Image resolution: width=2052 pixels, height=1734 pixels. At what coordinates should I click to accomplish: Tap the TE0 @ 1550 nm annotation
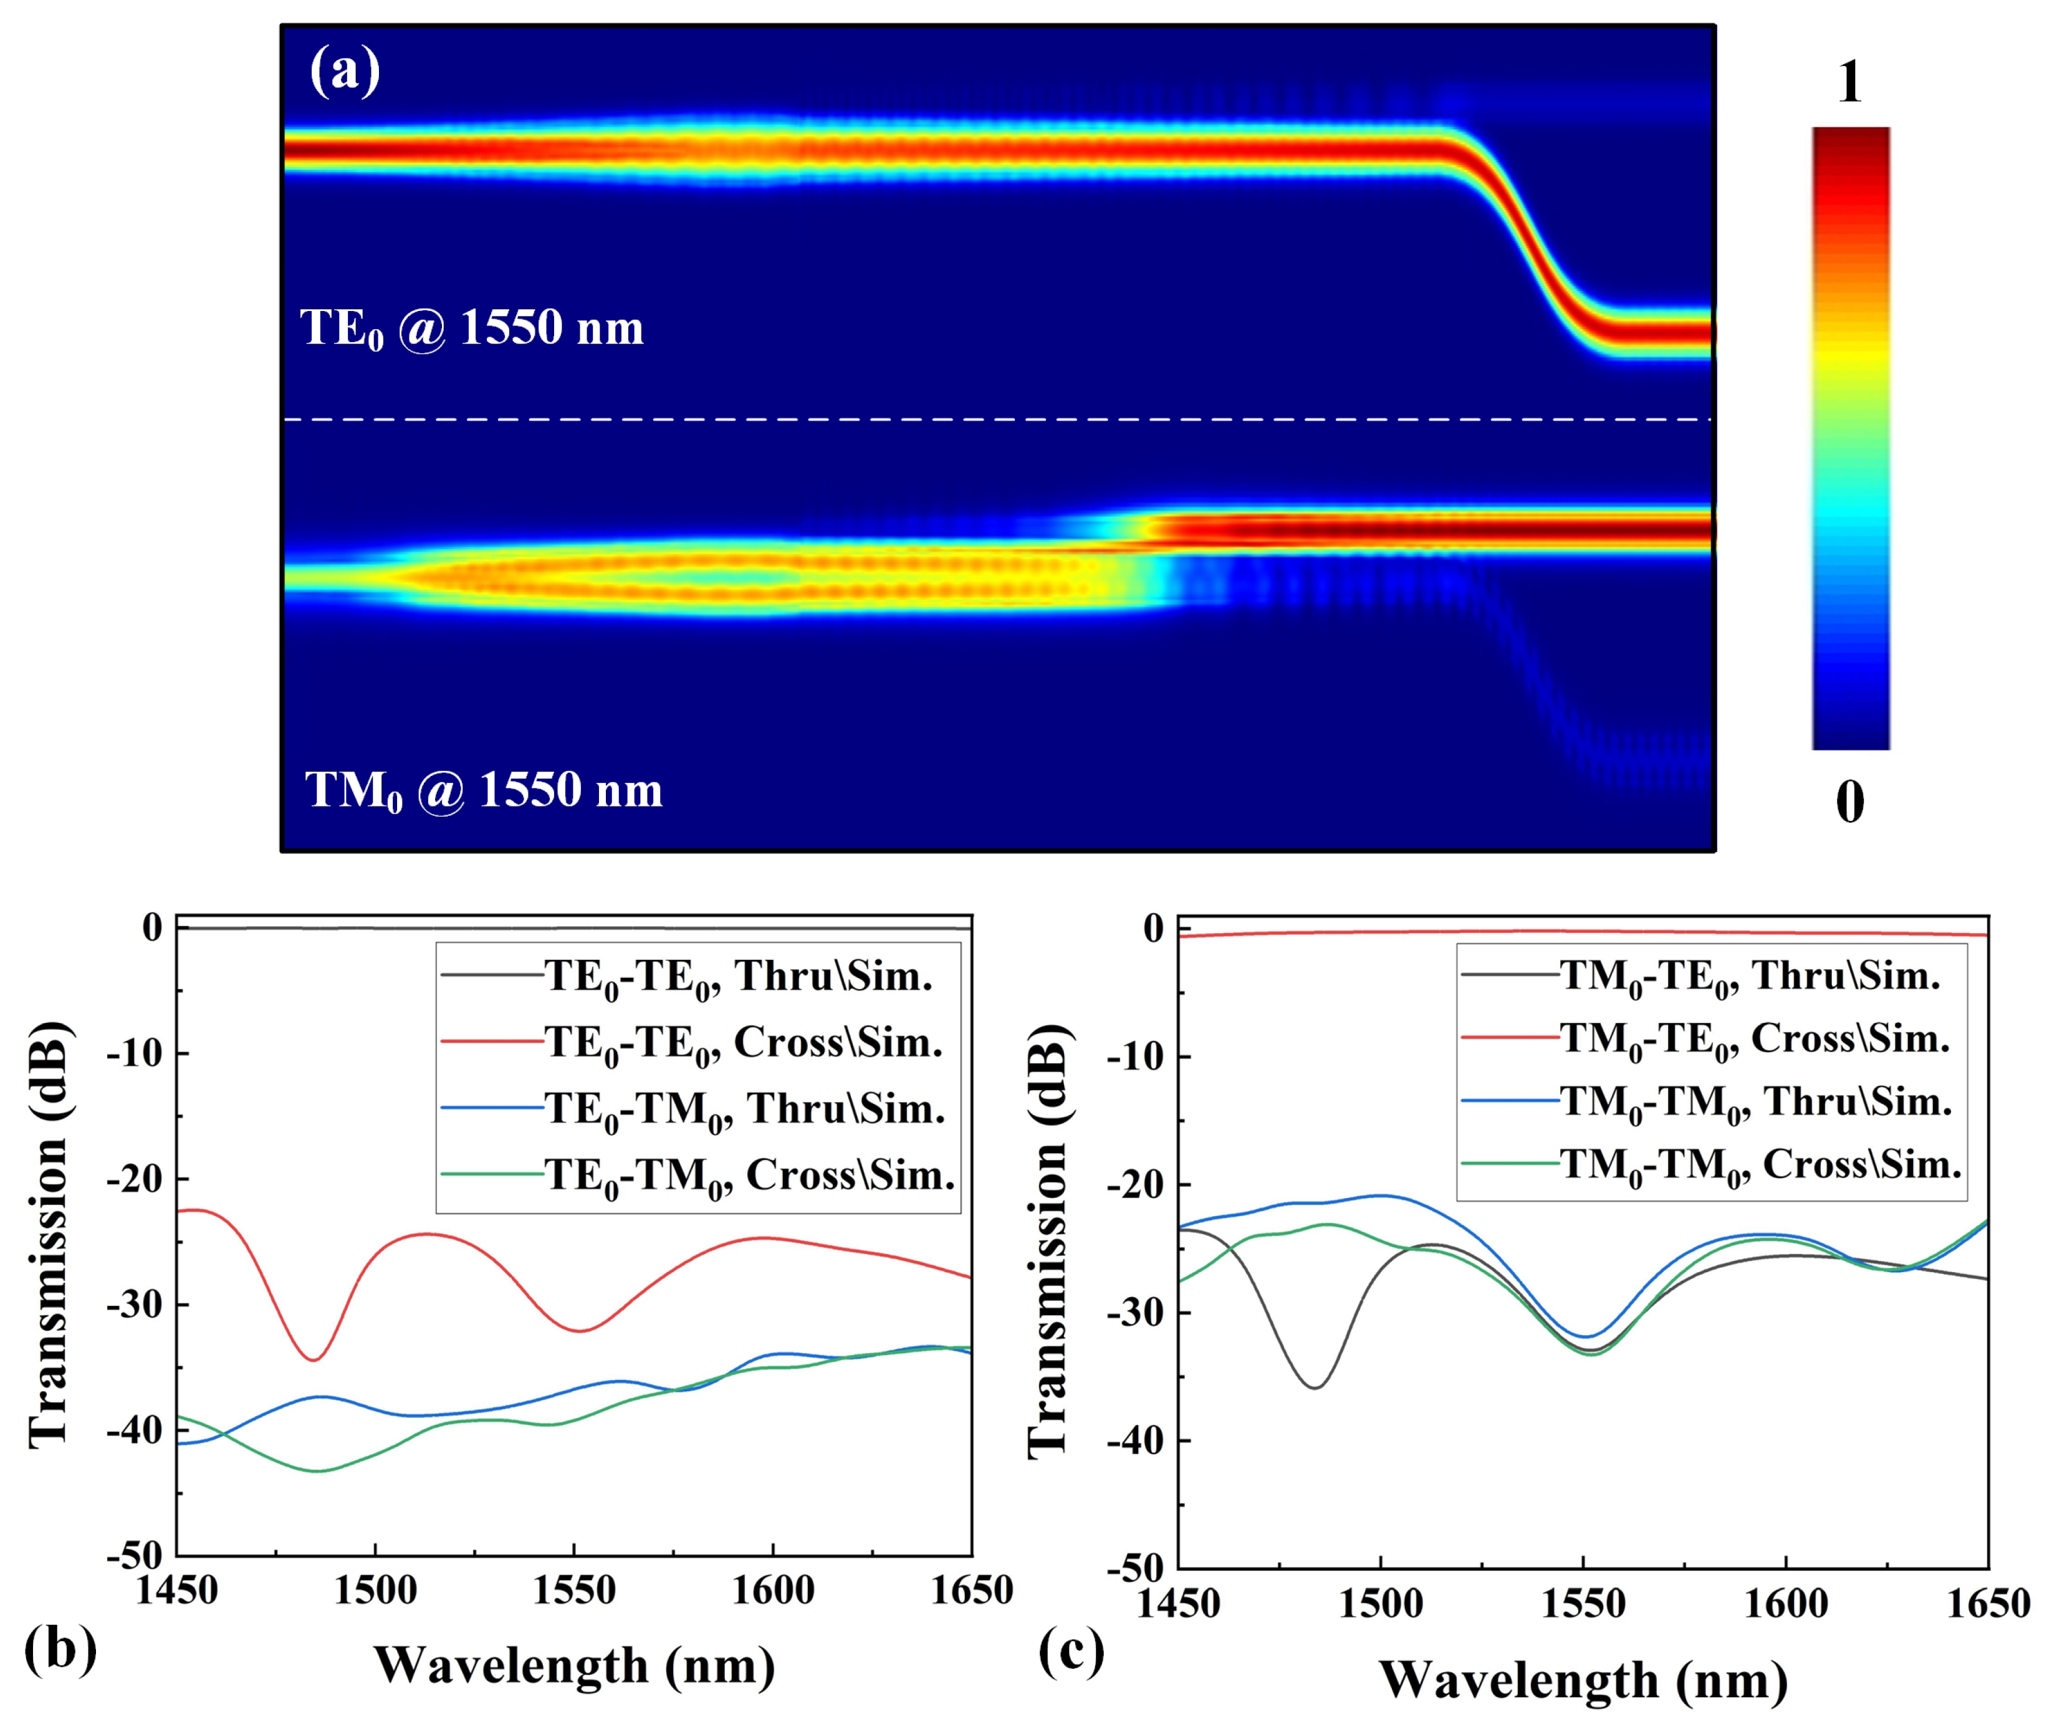coord(472,327)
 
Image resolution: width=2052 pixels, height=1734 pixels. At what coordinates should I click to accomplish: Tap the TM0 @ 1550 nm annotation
coord(484,790)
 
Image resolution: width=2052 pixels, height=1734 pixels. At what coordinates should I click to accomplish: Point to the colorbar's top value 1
coord(1849,82)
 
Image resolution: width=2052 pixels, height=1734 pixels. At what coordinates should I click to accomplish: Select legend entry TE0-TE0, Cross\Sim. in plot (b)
coord(744,1043)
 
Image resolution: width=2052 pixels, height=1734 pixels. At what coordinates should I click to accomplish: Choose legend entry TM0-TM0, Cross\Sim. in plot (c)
coord(1760,1165)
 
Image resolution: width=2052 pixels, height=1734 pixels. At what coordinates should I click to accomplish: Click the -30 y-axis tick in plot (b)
coord(135,1305)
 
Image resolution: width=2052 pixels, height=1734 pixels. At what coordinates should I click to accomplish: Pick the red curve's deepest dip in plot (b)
coord(313,1359)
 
